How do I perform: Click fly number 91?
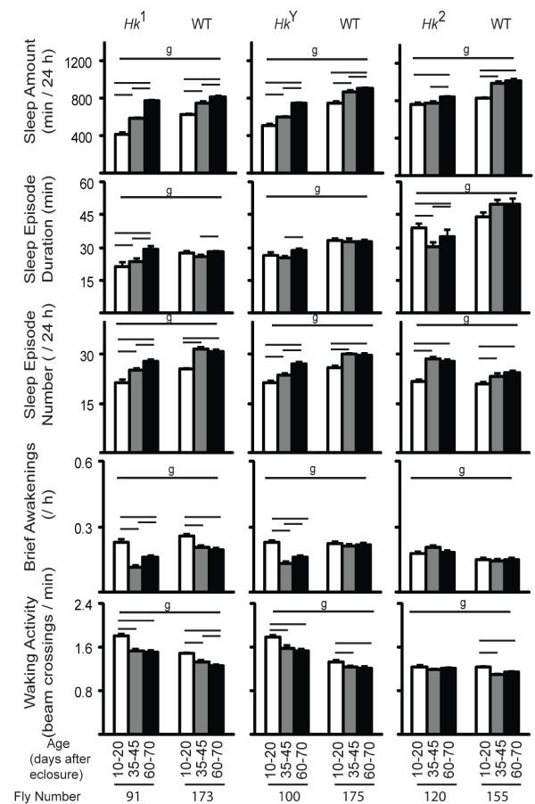[135, 793]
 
